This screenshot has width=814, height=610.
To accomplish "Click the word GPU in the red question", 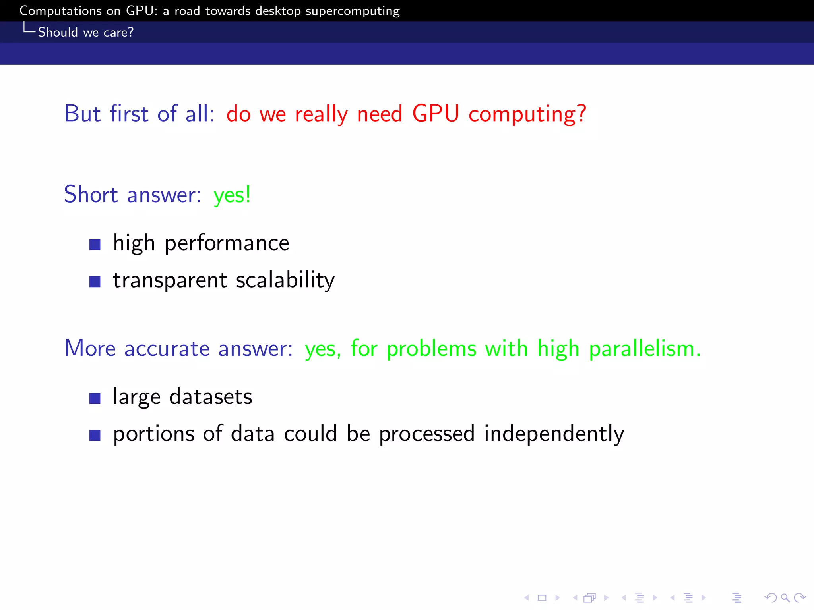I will [x=436, y=114].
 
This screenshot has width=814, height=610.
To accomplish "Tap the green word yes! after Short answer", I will [x=232, y=195].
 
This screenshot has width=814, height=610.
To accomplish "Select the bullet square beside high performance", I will [x=95, y=245].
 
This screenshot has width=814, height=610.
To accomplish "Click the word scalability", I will [x=285, y=280].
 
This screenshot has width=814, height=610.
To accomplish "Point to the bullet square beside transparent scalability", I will [x=95, y=282].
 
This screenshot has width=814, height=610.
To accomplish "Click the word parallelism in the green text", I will [x=644, y=349].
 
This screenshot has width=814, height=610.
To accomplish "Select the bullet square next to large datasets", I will [x=95, y=398].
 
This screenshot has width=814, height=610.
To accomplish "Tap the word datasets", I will [x=211, y=397].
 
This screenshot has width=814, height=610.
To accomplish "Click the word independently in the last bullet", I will [x=554, y=434].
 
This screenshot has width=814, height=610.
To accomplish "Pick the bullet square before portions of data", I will [x=95, y=435].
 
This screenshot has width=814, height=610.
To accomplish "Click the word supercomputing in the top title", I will [x=352, y=11].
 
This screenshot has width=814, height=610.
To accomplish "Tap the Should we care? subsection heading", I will [x=85, y=32].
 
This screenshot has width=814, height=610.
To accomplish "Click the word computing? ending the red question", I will [x=527, y=114].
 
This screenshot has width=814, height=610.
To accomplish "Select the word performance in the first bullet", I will [x=227, y=243].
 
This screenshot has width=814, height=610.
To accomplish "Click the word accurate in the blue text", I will [x=167, y=349].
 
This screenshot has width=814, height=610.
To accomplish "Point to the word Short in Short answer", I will [x=91, y=195].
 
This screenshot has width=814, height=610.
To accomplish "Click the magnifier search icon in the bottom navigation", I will [x=785, y=598].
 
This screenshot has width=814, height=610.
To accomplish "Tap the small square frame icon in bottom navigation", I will [x=542, y=598].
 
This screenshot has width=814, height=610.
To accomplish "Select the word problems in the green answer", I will [x=431, y=349].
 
